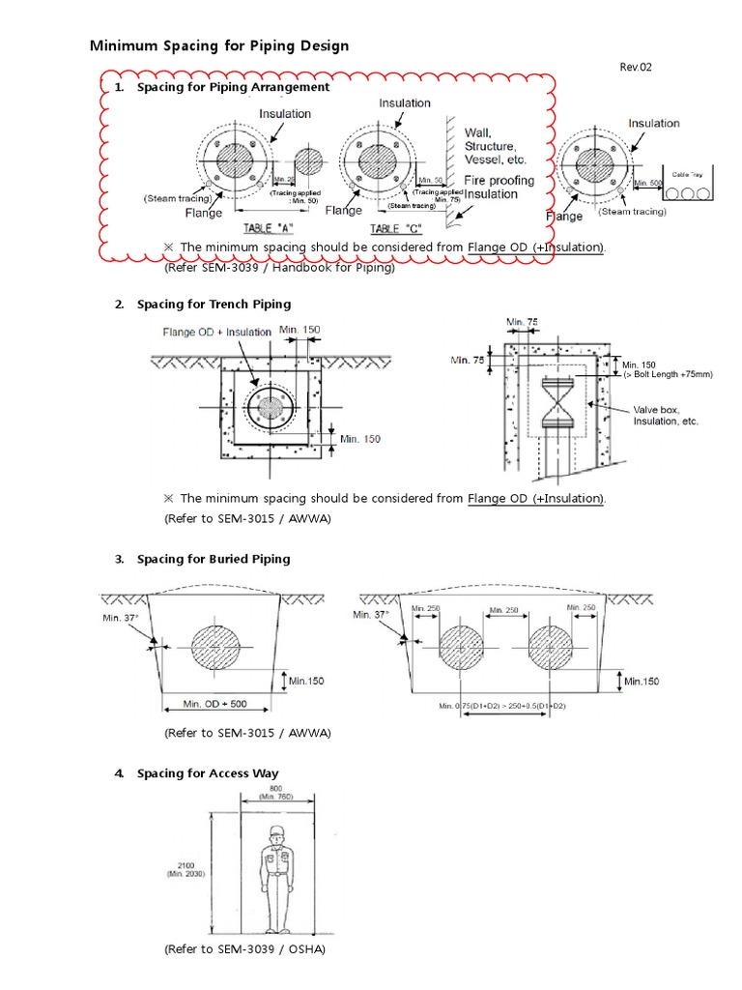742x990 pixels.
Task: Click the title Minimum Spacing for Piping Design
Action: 219,45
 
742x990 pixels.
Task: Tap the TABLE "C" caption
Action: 397,228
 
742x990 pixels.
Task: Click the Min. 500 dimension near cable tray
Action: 647,183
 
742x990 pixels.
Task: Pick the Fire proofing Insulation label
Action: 499,187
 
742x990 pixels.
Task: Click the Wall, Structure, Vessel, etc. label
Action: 491,145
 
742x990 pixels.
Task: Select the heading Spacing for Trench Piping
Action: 214,305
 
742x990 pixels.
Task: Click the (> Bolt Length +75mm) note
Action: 668,374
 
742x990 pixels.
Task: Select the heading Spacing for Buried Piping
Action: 214,559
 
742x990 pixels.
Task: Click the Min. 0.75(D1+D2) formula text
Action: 501,707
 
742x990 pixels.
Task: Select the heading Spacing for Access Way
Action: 208,773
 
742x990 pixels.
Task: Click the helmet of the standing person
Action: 275,832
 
